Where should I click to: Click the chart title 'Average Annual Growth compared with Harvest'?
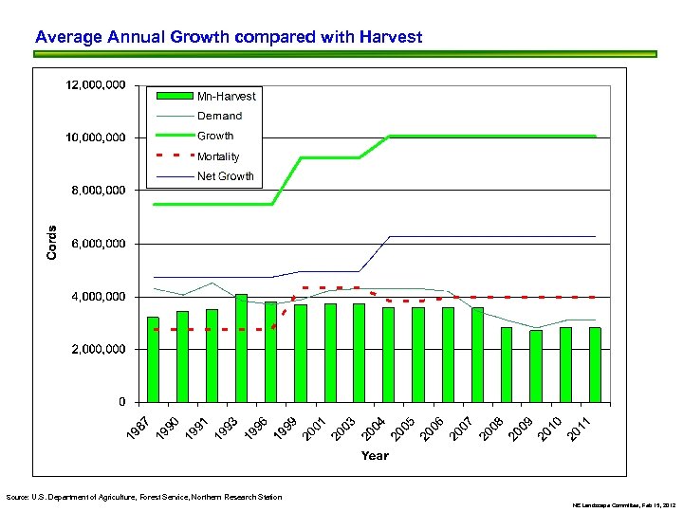coord(228,38)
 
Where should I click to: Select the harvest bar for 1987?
coord(154,359)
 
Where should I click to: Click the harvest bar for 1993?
coord(242,348)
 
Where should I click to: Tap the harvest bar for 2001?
coord(330,353)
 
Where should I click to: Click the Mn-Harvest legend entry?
coord(226,96)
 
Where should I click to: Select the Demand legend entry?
coord(219,116)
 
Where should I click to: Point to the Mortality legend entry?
coord(218,156)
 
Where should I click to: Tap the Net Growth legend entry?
coord(225,176)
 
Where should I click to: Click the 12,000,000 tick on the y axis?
coord(95,85)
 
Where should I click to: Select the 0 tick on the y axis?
coord(121,402)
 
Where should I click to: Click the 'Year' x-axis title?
coord(375,456)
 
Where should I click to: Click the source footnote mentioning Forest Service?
coord(143,497)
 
